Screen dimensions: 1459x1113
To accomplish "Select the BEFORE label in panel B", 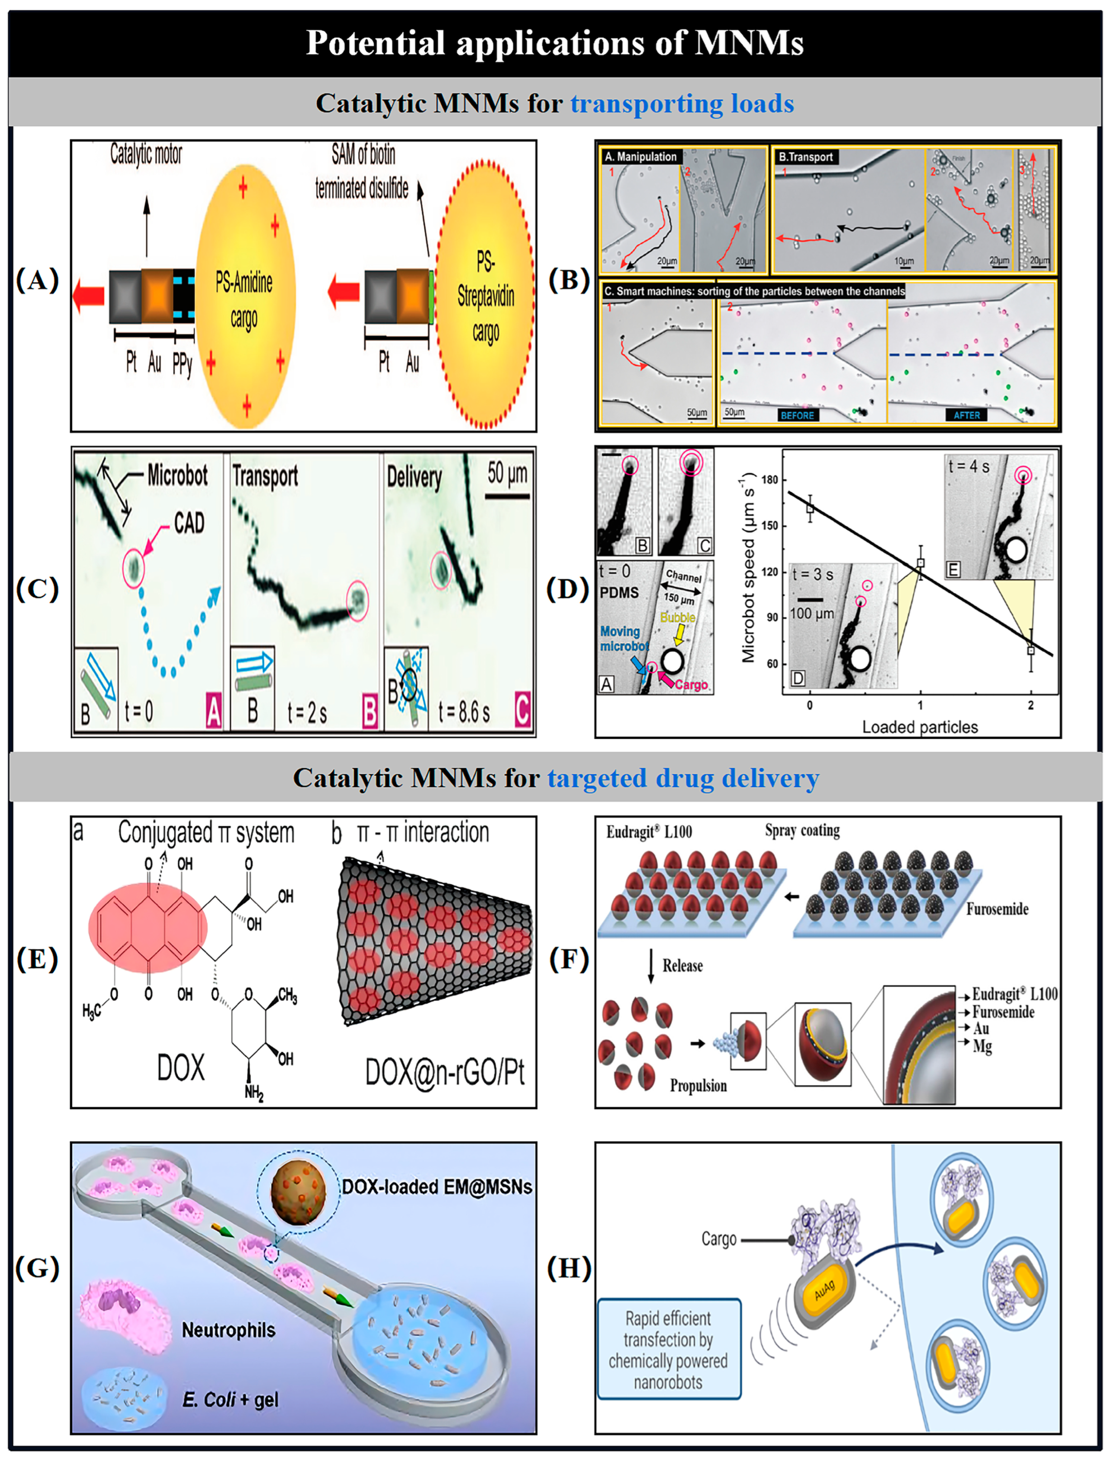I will tap(797, 415).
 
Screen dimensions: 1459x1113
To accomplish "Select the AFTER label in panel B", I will tap(967, 415).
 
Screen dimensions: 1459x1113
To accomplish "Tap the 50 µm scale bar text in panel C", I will tap(507, 473).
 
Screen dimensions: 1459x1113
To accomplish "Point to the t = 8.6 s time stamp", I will tap(464, 712).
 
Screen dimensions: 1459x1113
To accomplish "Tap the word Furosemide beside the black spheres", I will tap(997, 909).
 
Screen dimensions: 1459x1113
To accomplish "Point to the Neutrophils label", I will tap(229, 1330).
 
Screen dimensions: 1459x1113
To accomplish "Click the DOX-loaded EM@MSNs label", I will tap(437, 1187).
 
